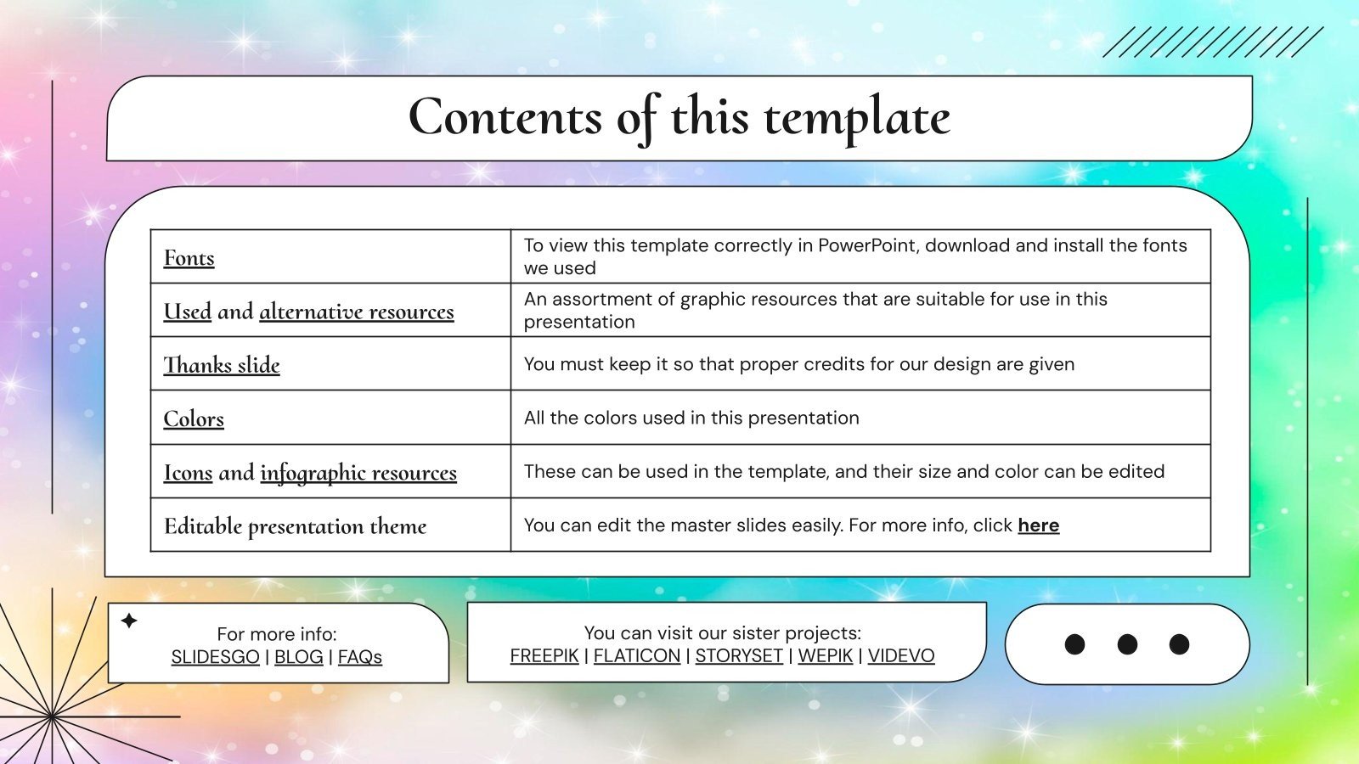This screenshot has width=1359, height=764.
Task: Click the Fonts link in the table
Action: click(x=189, y=258)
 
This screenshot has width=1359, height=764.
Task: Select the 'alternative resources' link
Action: click(x=357, y=312)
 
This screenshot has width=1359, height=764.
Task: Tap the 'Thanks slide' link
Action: click(x=222, y=365)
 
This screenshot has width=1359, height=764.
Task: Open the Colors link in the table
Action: click(x=194, y=419)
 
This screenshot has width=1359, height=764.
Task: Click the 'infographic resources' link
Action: click(x=358, y=472)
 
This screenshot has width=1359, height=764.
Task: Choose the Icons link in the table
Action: click(x=188, y=472)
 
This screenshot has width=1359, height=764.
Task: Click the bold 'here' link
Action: click(x=1038, y=525)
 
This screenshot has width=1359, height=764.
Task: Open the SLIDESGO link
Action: click(x=215, y=657)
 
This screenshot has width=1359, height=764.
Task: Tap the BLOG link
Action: click(x=298, y=657)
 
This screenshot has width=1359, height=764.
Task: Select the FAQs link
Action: click(x=360, y=657)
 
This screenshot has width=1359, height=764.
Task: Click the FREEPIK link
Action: click(x=544, y=656)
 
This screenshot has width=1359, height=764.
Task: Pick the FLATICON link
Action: click(x=637, y=656)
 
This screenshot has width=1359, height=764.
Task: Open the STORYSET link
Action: click(x=739, y=656)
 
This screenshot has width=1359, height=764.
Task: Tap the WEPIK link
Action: click(x=825, y=656)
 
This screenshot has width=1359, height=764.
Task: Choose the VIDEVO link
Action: click(x=901, y=656)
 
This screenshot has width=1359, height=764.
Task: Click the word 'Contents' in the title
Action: click(x=505, y=117)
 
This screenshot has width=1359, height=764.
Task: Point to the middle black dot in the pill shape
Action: click(x=1127, y=644)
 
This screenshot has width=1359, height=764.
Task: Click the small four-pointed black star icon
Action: click(x=129, y=621)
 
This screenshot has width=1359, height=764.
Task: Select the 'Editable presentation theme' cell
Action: click(x=295, y=526)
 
